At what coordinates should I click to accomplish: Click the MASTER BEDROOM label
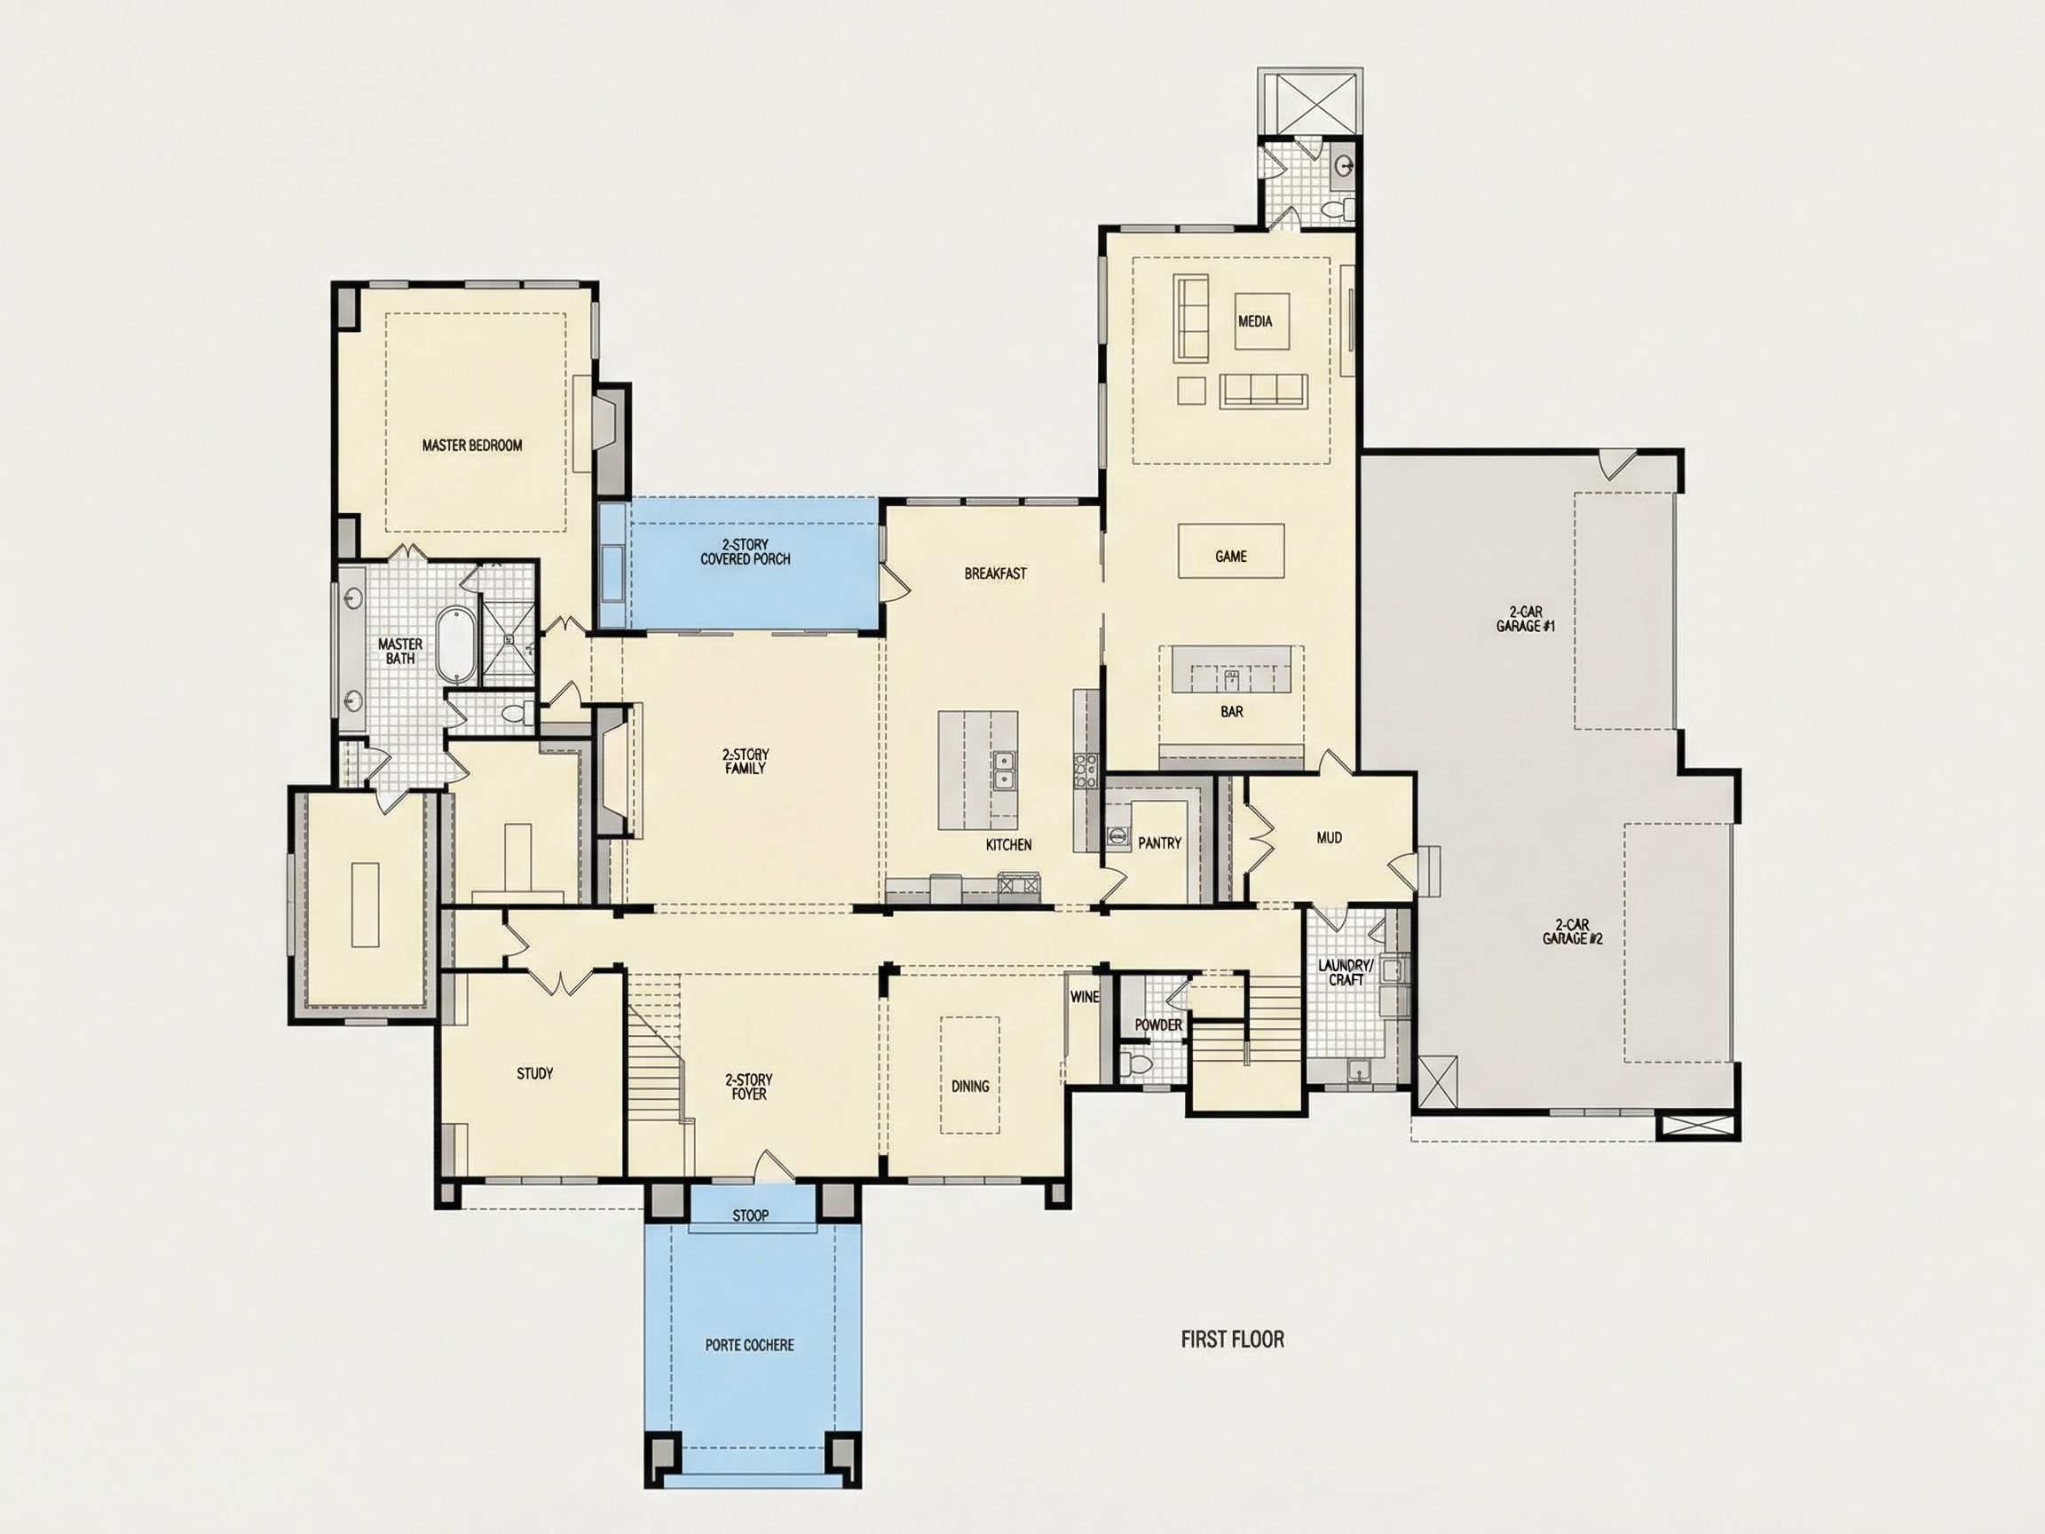[472, 446]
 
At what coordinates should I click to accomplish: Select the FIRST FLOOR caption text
[1232, 1339]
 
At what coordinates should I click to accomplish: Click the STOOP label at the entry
[750, 1216]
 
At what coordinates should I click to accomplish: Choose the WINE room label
[1085, 997]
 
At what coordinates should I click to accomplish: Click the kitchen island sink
[1003, 770]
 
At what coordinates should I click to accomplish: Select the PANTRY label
[1159, 843]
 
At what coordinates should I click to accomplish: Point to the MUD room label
[1330, 838]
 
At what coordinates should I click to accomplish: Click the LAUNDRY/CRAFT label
[1346, 973]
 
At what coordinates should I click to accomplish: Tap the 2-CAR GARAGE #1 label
[1526, 619]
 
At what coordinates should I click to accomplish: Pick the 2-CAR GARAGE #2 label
[1573, 931]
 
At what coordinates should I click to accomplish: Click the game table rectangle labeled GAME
[1230, 551]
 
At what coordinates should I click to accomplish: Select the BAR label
[1231, 712]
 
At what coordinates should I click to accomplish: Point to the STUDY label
[534, 1073]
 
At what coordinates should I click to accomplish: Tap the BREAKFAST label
[995, 573]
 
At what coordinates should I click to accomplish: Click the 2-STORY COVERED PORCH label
[746, 552]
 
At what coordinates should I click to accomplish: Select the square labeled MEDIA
[1254, 320]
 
